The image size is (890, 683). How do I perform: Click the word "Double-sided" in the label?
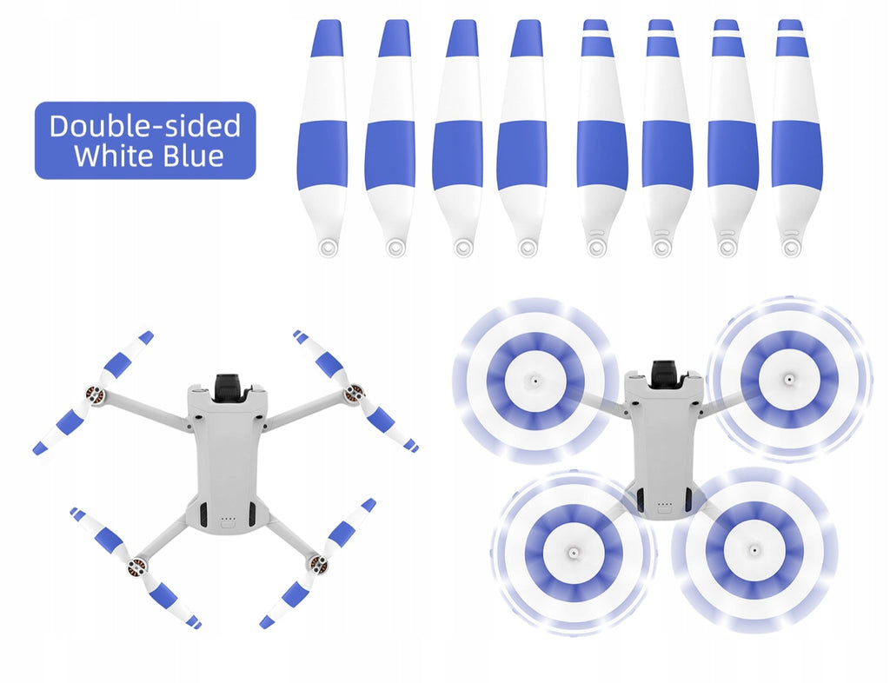145,126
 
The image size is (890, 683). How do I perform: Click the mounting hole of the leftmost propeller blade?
328,247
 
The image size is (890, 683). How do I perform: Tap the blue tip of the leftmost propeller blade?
327,38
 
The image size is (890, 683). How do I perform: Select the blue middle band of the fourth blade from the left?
522,156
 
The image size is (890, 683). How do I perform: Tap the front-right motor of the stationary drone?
355,392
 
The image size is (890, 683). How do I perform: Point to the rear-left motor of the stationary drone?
136,567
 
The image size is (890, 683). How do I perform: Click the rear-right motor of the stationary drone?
317,563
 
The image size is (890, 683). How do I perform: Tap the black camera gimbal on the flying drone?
665,374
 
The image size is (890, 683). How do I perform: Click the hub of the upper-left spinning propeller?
535,380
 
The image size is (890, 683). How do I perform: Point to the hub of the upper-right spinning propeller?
788,378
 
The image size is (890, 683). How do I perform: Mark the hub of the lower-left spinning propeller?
574,551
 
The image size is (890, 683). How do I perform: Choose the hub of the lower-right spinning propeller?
754,548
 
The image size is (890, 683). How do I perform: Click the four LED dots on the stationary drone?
228,518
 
